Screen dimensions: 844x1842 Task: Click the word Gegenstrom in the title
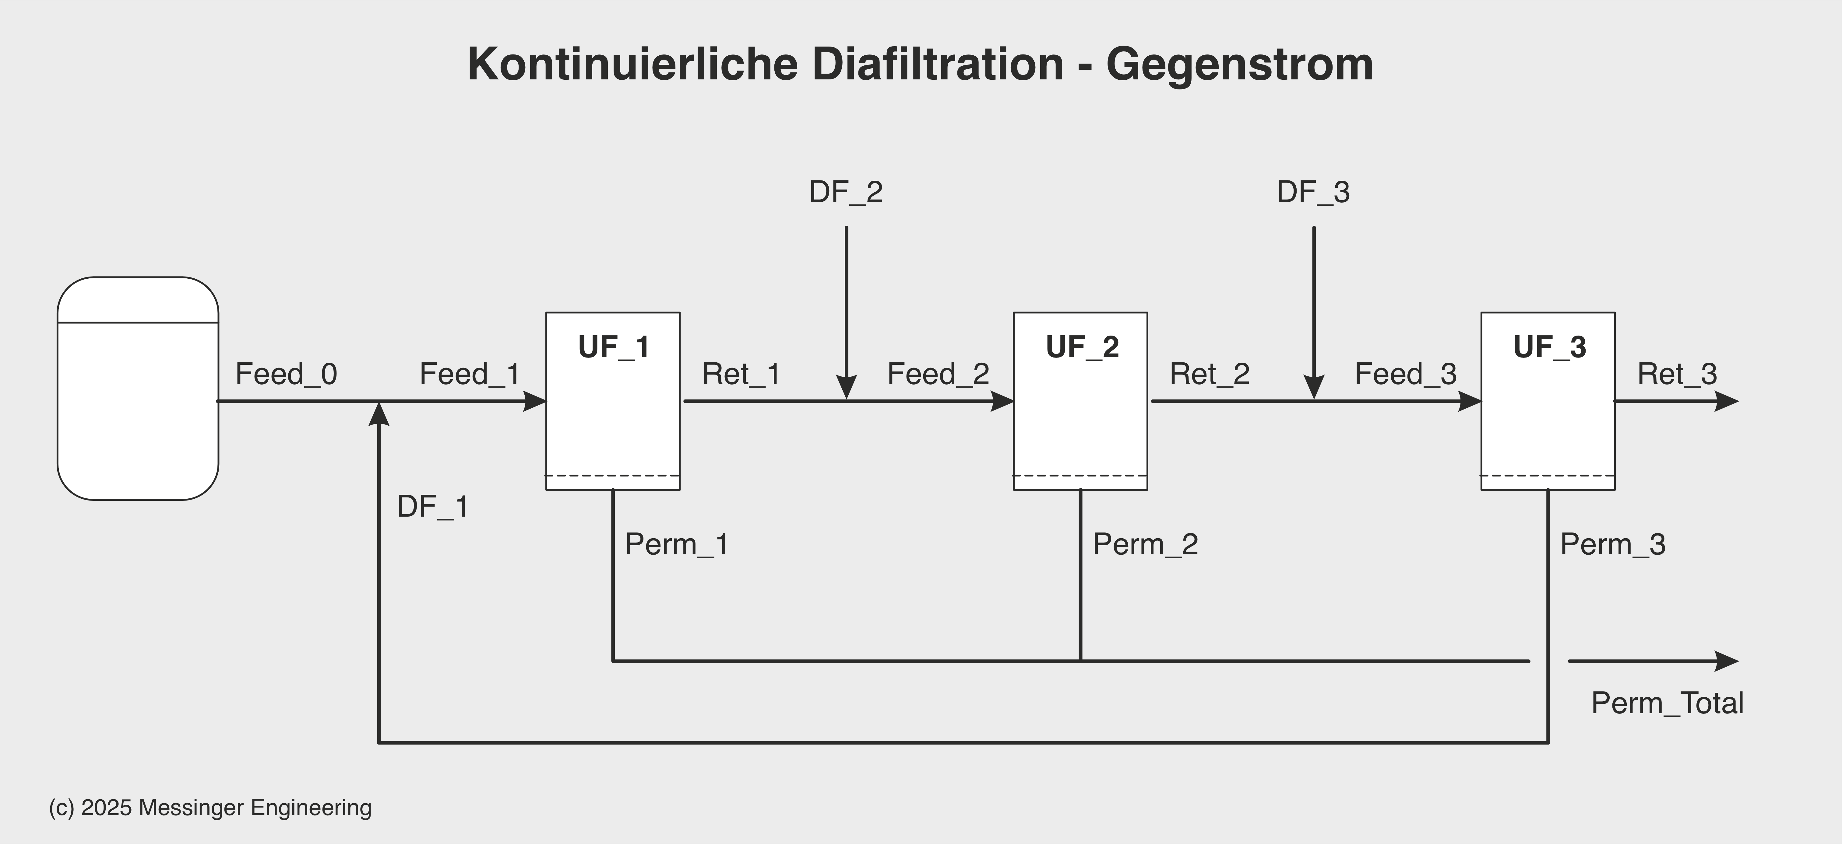[x=1239, y=64]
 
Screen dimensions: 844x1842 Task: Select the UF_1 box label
[x=614, y=347]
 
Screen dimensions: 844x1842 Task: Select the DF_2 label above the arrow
[x=846, y=192]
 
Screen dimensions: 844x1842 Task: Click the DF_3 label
[x=1314, y=192]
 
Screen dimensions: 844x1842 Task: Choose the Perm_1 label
[x=676, y=545]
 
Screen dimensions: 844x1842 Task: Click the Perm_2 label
[x=1145, y=545]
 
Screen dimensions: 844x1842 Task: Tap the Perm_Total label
[x=1667, y=703]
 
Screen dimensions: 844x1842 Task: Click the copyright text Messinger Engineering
[x=255, y=807]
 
